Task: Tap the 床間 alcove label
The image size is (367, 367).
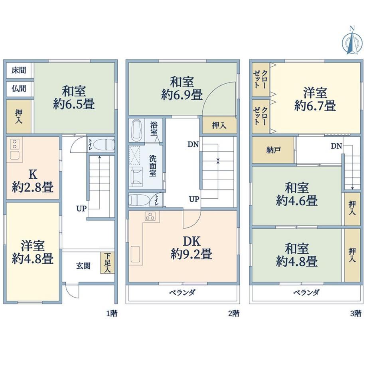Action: [19, 70]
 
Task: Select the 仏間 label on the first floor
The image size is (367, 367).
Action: [19, 89]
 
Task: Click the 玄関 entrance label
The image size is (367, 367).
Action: [83, 266]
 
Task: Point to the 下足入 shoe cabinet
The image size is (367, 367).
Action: [107, 262]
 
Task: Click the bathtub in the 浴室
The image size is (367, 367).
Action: [136, 130]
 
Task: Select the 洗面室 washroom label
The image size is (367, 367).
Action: [153, 166]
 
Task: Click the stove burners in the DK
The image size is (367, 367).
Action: [150, 216]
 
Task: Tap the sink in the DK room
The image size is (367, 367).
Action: [135, 254]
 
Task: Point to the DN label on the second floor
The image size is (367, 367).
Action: [193, 144]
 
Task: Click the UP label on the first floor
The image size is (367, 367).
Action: [81, 208]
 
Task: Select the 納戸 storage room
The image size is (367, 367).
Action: [273, 150]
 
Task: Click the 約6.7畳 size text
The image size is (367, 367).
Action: [315, 106]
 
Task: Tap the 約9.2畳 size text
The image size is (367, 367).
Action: [191, 254]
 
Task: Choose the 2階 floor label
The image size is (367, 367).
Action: [234, 313]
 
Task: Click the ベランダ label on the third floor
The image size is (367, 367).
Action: [306, 292]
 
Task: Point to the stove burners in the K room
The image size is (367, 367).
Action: [15, 144]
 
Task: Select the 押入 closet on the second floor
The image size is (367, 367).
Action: [219, 125]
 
